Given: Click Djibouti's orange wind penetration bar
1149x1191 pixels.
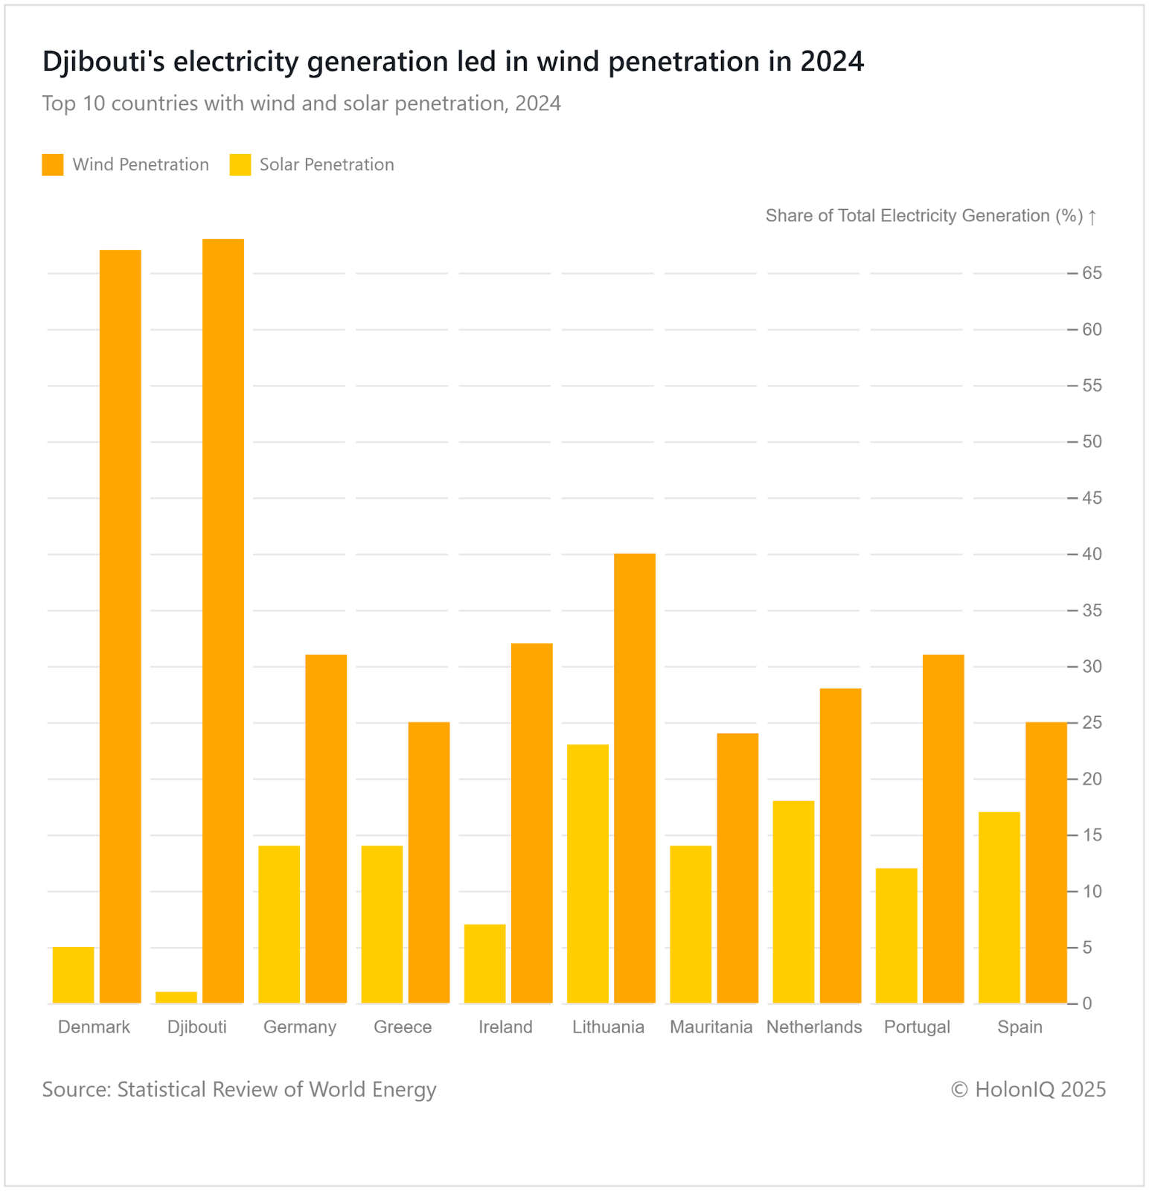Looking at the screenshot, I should [223, 621].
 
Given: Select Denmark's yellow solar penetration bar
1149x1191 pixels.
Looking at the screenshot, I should [73, 974].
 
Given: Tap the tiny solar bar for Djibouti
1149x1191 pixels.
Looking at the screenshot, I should [176, 997].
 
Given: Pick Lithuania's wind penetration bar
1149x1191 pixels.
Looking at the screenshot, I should [635, 778].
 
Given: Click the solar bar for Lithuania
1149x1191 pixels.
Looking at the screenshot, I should [588, 873].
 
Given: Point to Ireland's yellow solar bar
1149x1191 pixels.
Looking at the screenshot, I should [484, 963].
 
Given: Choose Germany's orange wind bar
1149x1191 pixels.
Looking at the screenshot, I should [326, 828].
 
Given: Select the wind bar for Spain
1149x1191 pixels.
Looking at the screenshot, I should [1046, 862].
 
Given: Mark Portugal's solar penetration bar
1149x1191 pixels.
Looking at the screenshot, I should [896, 935].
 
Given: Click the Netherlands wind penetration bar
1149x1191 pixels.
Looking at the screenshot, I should [840, 846].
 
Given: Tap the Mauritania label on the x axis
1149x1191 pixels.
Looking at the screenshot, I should [711, 1027].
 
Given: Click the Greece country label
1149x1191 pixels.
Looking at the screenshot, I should [403, 1027].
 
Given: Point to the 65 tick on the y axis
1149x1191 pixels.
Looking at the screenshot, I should [1092, 274].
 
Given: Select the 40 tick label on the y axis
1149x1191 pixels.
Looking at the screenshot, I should [1092, 555].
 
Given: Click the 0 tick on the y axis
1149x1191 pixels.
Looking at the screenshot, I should [1087, 1003].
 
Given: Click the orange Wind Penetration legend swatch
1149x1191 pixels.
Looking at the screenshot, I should [53, 165].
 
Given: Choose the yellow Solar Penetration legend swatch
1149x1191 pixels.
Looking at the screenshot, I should [240, 165].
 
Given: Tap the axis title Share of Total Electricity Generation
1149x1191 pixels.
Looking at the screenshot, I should [924, 216].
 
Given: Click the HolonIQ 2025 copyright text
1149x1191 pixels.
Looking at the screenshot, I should [1028, 1089].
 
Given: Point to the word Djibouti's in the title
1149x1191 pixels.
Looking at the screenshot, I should [103, 62].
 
